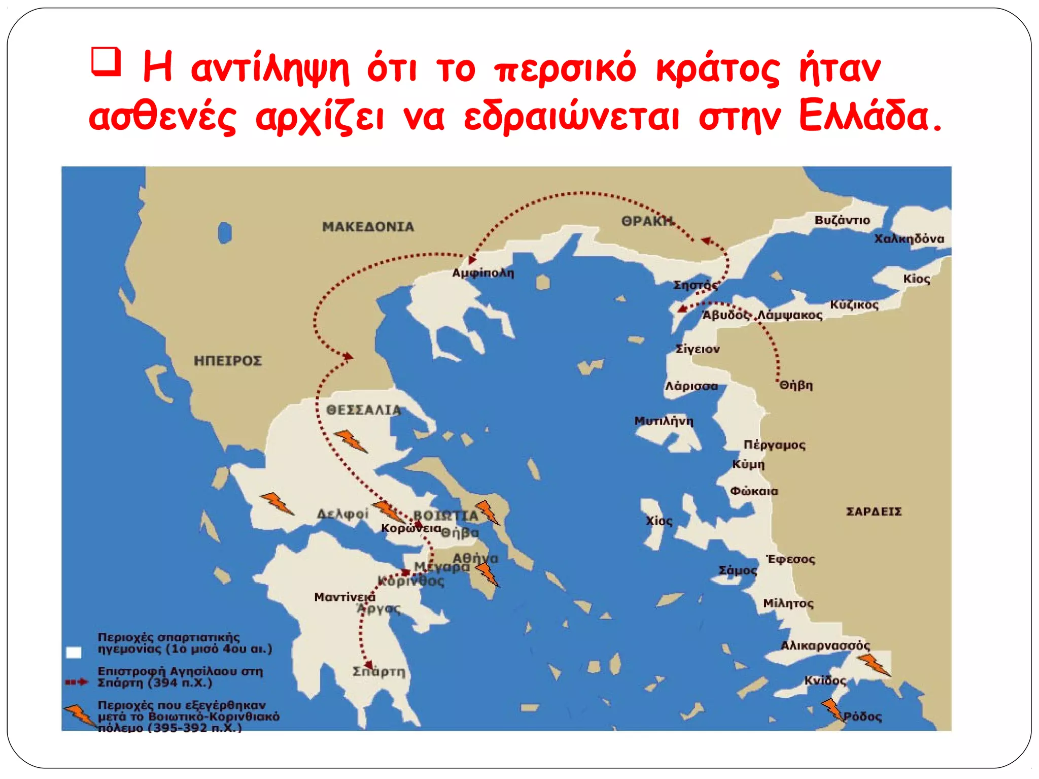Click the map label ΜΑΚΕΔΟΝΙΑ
point(368,227)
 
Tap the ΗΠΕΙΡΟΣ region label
point(228,361)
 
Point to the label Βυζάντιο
point(842,220)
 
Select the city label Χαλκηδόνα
point(909,238)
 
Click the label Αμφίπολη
point(482,273)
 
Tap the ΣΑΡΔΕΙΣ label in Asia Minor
point(874,511)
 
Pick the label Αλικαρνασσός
point(825,646)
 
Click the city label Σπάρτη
point(379,671)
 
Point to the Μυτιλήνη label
point(664,421)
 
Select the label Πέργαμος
point(774,445)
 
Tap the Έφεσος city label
point(790,559)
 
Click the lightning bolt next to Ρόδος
point(833,710)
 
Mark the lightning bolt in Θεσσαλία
point(351,441)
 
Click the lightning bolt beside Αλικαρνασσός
point(873,664)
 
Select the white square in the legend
point(74,652)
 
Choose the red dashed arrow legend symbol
point(77,682)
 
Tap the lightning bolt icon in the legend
point(80,715)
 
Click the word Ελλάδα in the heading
point(870,117)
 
